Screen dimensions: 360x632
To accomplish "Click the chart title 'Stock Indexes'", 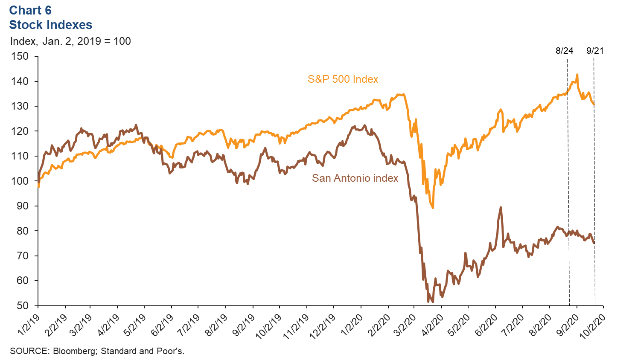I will pos(50,25).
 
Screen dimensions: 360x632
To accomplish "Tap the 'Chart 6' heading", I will pos(30,10).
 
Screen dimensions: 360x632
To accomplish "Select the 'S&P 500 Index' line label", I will pos(343,79).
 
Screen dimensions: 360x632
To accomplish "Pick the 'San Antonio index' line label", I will pos(355,178).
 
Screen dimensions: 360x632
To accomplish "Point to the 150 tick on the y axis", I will pos(20,56).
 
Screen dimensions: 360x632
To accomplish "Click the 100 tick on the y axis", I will pos(20,181).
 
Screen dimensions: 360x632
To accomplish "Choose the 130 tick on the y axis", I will pos(20,106).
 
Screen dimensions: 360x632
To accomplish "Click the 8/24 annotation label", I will pos(564,51).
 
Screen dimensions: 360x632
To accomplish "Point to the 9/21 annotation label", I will pos(595,51).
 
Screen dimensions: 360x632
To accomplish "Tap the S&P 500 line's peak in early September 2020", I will pos(577,75).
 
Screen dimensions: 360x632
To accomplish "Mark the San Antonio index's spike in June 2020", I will pos(501,207).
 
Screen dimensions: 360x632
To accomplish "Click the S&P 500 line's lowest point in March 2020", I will pos(433,208).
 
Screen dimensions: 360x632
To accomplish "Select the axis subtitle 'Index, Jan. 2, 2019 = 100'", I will pos(70,41).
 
